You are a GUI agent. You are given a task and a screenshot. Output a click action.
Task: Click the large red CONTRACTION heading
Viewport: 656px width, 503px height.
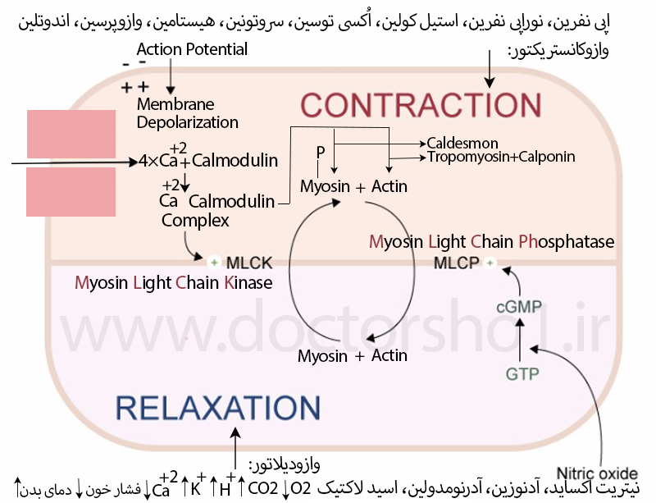tap(421, 105)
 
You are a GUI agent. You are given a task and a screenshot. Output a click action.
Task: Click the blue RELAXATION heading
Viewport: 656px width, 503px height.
tap(218, 408)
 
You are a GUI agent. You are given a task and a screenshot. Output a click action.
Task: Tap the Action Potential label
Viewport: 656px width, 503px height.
tap(192, 49)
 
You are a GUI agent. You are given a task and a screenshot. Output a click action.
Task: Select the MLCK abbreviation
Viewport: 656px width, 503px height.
tap(249, 263)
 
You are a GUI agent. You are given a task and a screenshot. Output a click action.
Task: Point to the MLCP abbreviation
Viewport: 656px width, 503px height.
tap(457, 263)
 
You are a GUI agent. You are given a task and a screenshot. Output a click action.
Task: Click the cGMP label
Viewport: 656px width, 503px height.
tap(519, 307)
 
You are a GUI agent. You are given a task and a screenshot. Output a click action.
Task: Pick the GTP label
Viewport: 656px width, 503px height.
tap(522, 373)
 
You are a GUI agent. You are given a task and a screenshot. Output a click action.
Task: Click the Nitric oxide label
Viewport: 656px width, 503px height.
tap(597, 473)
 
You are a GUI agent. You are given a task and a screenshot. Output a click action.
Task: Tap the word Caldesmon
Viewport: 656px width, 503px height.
tap(462, 144)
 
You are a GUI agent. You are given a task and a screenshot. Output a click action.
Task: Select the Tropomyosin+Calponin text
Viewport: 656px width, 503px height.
tap(501, 157)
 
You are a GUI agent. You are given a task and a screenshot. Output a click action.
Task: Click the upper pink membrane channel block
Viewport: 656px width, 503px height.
tap(71, 134)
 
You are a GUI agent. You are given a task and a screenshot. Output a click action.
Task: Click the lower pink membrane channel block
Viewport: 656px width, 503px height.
tap(71, 192)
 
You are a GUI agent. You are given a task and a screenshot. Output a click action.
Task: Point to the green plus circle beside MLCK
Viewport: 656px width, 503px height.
tap(214, 263)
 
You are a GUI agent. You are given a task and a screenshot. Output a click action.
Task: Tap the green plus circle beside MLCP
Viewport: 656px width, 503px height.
tap(490, 263)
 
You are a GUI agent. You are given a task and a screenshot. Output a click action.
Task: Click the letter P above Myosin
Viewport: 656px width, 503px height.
tap(321, 153)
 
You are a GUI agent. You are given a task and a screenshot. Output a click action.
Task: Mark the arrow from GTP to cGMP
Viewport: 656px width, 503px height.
tap(520, 340)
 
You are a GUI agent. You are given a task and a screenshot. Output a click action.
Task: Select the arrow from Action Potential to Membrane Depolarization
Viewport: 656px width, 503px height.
tap(171, 76)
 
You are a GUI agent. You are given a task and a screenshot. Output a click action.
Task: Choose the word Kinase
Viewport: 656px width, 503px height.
tap(248, 283)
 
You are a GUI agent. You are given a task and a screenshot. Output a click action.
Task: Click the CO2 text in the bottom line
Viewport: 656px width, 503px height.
tap(263, 488)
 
